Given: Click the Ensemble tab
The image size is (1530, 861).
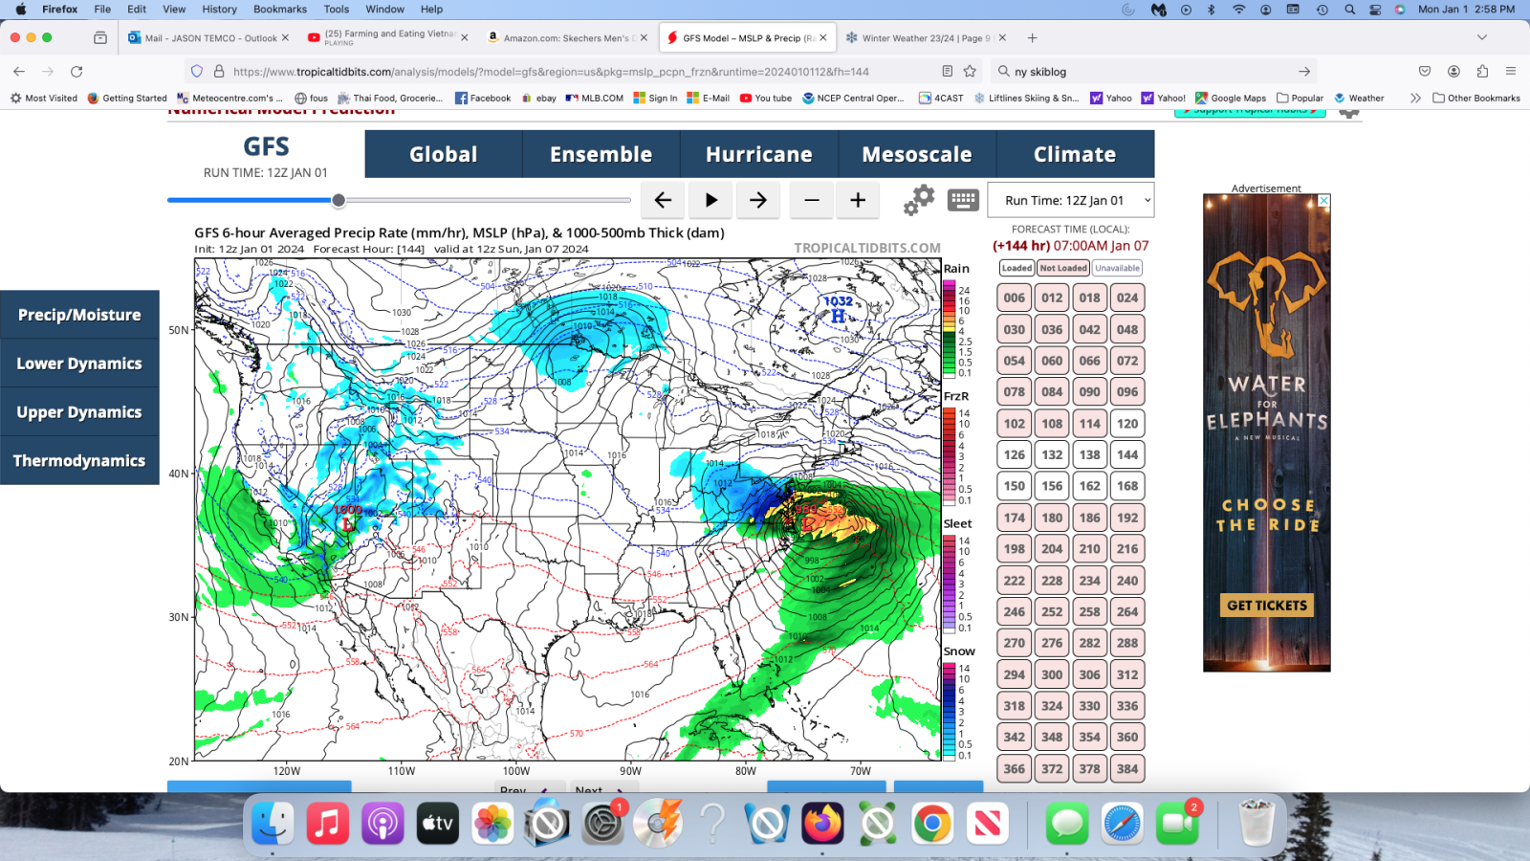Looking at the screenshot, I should (601, 154).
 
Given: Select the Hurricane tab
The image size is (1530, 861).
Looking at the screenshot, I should (758, 154).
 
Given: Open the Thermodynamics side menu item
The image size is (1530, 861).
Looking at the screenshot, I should (79, 461).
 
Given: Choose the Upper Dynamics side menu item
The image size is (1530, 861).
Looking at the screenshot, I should (79, 412).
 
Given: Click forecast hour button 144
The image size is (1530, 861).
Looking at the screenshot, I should (1127, 455).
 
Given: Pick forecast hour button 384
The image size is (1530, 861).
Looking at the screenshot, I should (1127, 769).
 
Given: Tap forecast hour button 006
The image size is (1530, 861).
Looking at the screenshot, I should (1015, 298).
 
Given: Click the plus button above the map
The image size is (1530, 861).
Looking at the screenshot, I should (858, 200).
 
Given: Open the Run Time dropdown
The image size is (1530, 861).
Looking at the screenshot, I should (1071, 201).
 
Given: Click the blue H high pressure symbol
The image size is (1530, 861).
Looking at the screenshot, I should (838, 316).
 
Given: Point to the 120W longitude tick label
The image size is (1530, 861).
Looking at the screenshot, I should (287, 771).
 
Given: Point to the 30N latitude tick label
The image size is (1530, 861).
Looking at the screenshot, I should (179, 617).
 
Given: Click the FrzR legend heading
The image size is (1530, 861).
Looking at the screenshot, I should (956, 396).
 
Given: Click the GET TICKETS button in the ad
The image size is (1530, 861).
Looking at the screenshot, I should (1267, 606).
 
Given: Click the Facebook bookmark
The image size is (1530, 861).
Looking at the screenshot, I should (483, 98).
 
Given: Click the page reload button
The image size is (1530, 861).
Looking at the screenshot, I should (76, 72).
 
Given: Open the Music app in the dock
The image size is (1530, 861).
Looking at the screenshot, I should (327, 824).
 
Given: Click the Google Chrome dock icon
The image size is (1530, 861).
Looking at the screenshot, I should (932, 824).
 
